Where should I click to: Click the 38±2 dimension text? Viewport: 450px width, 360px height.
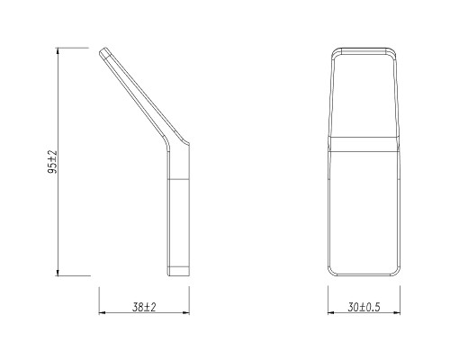coord(144,307)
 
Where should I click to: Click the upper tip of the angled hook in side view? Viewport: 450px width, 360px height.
coord(106,53)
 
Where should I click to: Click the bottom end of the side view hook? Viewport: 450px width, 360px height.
coord(177,271)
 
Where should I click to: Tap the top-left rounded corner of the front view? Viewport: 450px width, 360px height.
coord(334,51)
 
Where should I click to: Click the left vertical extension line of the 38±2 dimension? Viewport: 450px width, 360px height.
coord(99,297)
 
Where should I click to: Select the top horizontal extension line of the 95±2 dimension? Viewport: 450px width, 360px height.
coord(76,50)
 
